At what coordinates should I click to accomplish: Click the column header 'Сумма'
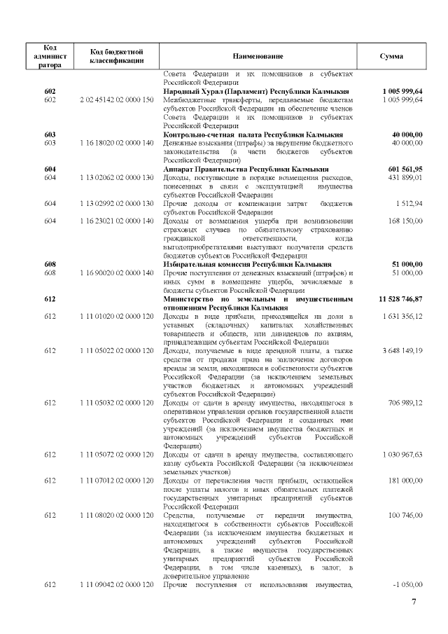click(x=391, y=56)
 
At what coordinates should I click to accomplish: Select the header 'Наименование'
click(x=258, y=56)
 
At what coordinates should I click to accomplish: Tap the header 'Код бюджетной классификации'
click(x=117, y=56)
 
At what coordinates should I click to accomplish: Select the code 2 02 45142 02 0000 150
click(x=117, y=99)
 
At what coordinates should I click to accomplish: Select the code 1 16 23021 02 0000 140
click(x=117, y=221)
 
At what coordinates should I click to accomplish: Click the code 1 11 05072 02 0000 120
click(x=117, y=455)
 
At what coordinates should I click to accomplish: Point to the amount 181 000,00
click(x=407, y=481)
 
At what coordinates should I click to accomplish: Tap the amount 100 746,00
click(x=407, y=515)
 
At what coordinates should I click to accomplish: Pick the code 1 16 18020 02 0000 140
click(x=117, y=142)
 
